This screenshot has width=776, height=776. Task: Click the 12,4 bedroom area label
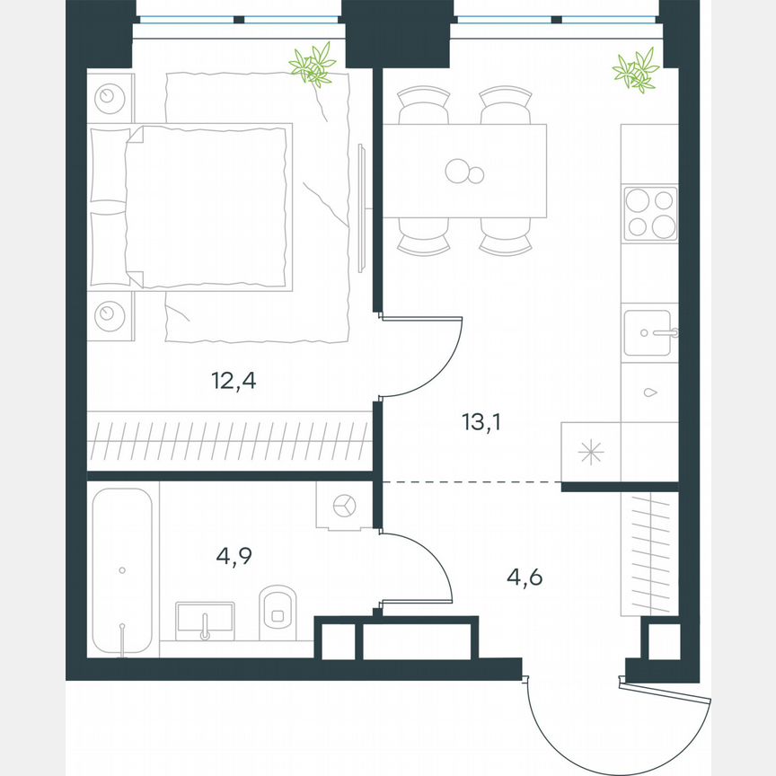234,381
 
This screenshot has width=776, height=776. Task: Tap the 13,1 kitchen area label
482,420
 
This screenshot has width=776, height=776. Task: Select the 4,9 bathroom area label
234,556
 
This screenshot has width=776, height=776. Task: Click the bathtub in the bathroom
123,571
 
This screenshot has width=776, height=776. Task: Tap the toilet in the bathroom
278,613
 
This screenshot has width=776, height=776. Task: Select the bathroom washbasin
206,620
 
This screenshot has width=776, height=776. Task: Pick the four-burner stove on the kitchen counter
650,213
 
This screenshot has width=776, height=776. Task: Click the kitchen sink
648,333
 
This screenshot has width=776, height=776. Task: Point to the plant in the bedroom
313,65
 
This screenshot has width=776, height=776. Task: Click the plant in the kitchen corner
636,71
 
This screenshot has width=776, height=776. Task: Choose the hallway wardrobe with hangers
648,553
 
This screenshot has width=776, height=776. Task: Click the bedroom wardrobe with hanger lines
229,440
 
